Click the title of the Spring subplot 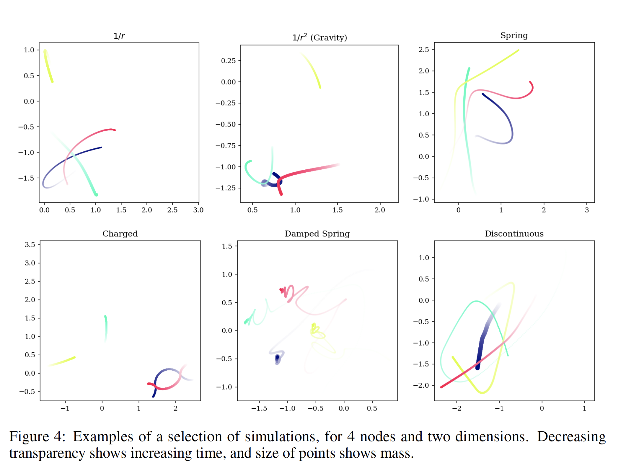pos(514,35)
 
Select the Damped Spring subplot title pos(317,234)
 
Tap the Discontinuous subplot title pos(514,234)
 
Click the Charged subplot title pos(120,234)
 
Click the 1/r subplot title pos(119,36)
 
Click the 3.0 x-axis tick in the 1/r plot pos(198,210)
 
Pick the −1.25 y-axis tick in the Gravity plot pos(226,188)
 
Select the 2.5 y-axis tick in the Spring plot pos(424,50)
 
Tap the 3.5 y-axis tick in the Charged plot pos(30,245)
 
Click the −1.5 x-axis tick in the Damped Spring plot pos(259,408)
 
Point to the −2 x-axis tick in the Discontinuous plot pos(457,408)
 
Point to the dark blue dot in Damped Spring pos(277,358)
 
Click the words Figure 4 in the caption pos(37,437)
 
